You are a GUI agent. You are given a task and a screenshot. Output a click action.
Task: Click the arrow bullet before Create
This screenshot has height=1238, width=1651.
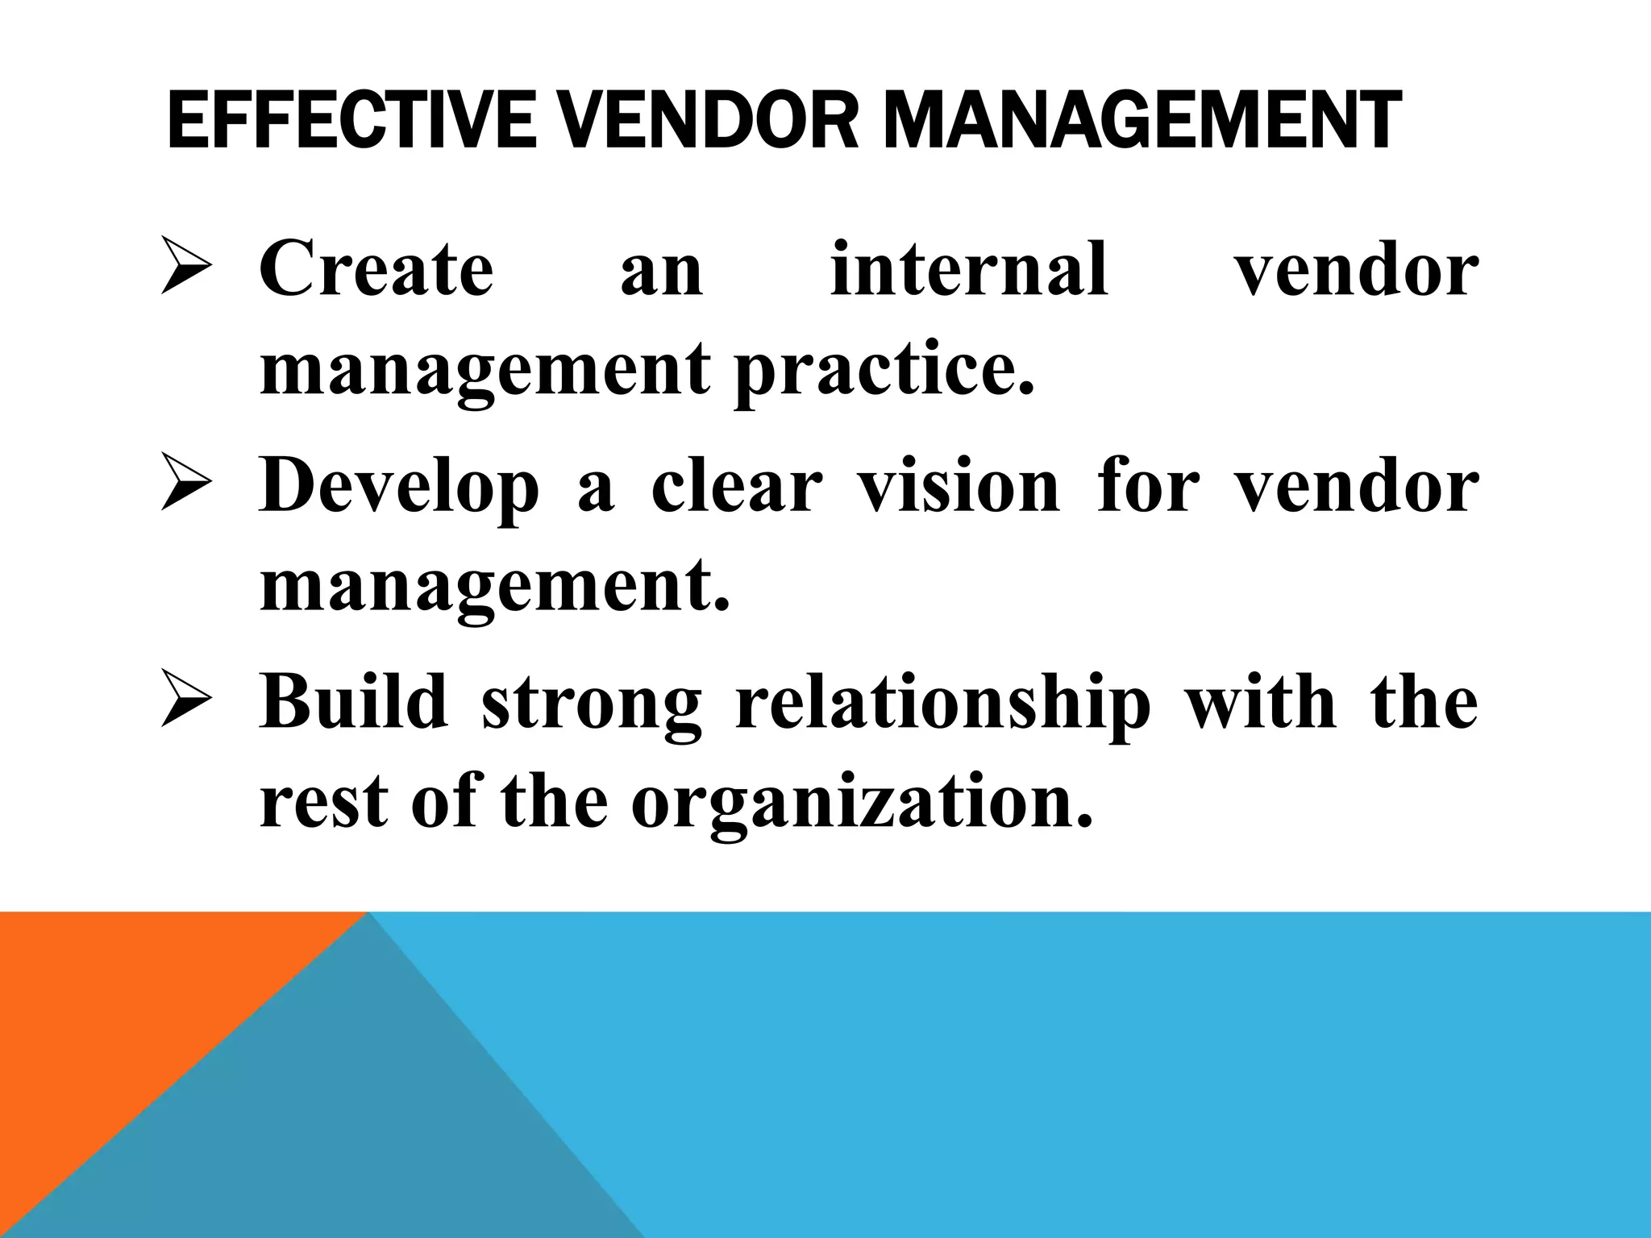click(186, 266)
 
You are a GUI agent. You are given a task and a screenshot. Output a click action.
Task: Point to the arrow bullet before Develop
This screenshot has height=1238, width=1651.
click(186, 484)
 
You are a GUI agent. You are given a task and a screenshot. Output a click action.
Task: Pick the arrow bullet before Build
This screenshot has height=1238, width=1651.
click(186, 700)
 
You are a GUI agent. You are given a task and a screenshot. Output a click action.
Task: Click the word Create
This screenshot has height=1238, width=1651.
click(376, 269)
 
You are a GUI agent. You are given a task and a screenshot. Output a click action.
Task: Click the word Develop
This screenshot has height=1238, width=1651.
click(399, 487)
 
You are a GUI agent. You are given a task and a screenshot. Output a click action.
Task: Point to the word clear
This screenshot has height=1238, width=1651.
click(737, 487)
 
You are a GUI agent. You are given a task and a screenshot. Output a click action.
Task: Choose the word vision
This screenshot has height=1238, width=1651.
click(957, 487)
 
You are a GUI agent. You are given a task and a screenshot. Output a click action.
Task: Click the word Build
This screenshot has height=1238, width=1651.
click(353, 701)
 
